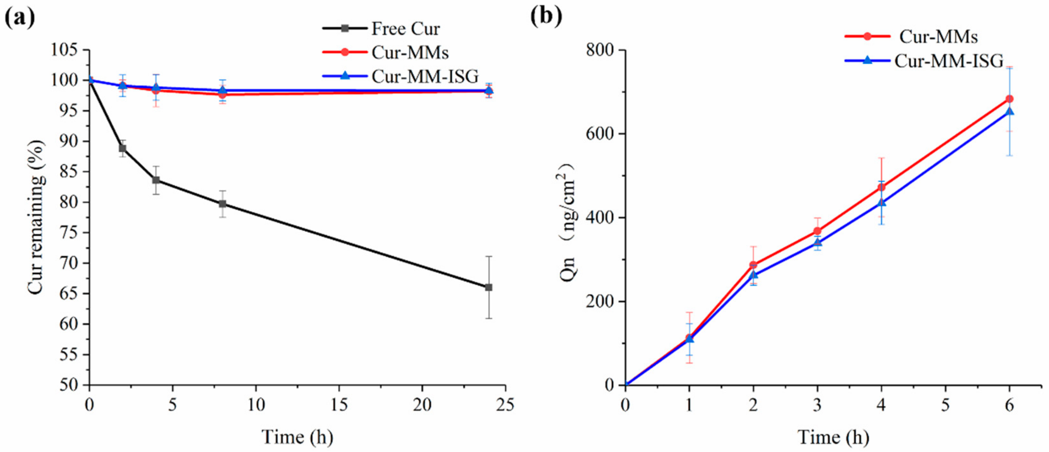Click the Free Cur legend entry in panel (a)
pos(405,29)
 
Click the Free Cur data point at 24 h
pos(489,287)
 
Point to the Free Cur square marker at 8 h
pos(222,204)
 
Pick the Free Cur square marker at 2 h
pos(122,148)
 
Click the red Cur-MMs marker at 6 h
pos(1010,99)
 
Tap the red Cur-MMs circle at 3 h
pos(817,231)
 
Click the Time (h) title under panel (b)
pos(833,437)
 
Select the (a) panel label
pos(19,16)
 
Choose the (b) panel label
pos(546,16)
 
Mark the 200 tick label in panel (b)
pos(600,302)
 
